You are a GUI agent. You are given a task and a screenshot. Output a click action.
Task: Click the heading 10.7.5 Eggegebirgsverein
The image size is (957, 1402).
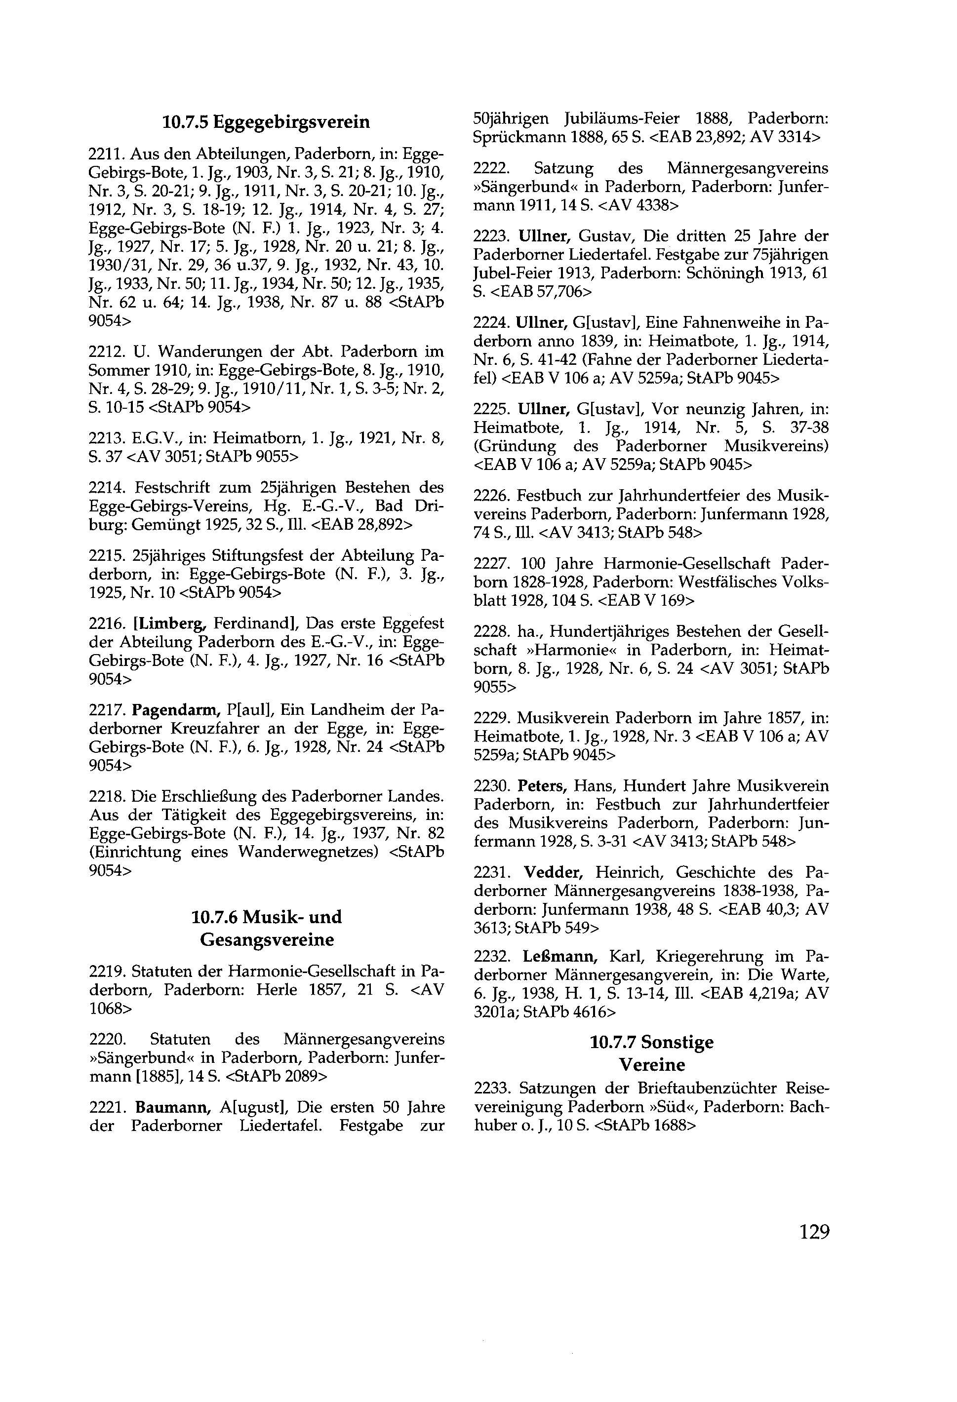coord(266,122)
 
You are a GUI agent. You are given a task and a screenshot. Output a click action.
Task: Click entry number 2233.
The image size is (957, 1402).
coord(492,1089)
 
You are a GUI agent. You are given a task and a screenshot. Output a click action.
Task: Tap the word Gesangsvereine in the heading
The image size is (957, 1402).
coord(266,940)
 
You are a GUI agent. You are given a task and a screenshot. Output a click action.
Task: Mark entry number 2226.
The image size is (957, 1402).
coord(492,496)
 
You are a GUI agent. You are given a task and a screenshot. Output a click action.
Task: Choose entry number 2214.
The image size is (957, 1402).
coord(107,487)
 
